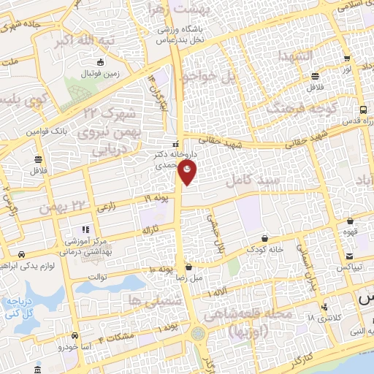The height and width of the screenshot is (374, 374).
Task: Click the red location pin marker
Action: [x=188, y=173]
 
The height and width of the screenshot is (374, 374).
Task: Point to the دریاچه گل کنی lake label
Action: [x=22, y=306]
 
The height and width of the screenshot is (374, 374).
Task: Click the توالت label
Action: [x=98, y=278]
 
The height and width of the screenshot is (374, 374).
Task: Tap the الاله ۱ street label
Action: [x=216, y=294]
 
